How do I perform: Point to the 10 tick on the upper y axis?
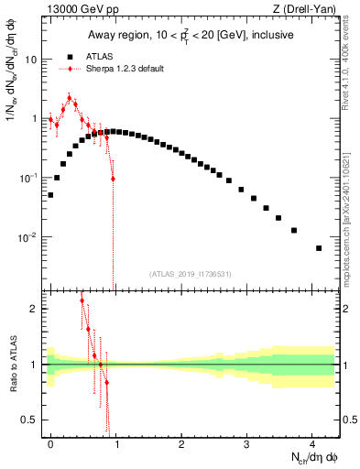pyautogui.click(x=30, y=59)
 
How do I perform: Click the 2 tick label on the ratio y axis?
pyautogui.click(x=34, y=309)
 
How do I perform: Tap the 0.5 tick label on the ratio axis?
pyautogui.click(x=30, y=420)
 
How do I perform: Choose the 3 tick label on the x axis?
pyautogui.click(x=246, y=442)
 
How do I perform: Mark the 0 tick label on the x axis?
pyautogui.click(x=50, y=442)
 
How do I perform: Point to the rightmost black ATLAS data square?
pyautogui.click(x=319, y=248)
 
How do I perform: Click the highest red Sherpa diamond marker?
pyautogui.click(x=69, y=98)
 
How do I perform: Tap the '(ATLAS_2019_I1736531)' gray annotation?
pyautogui.click(x=191, y=274)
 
